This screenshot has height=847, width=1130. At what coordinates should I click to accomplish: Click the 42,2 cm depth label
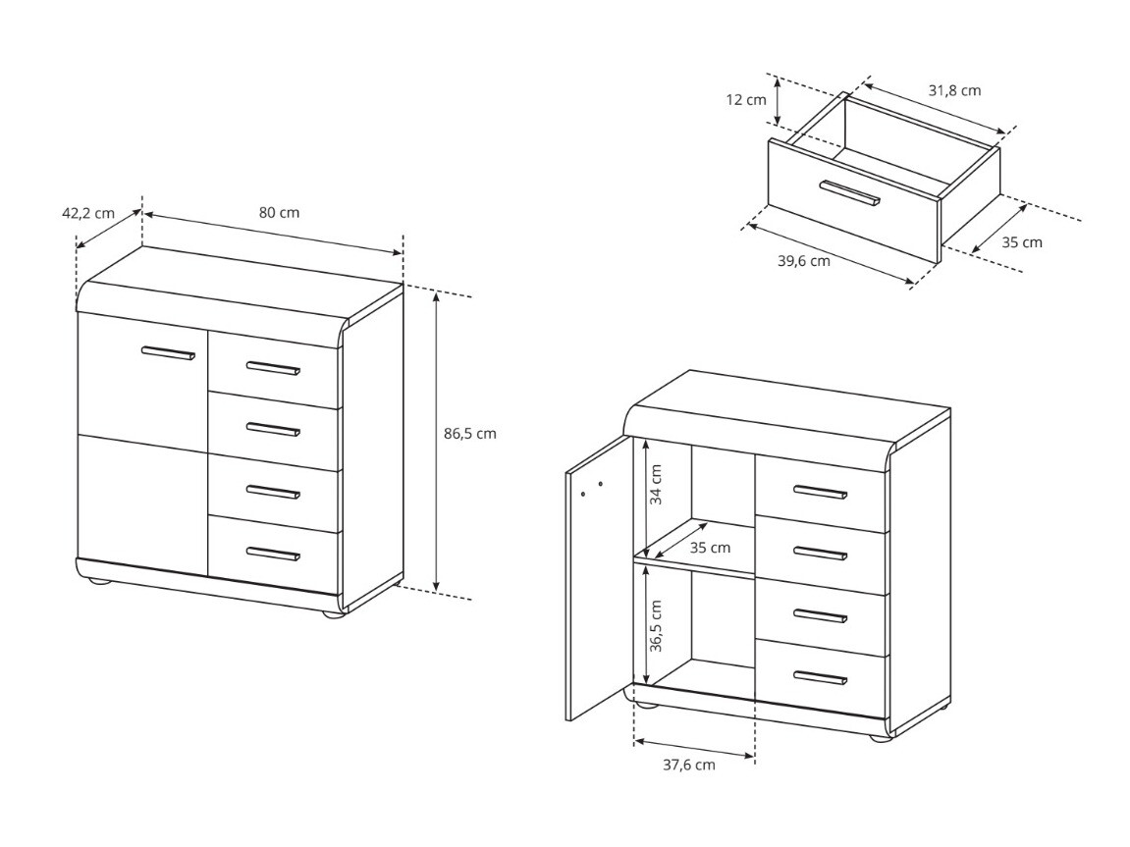coord(87,212)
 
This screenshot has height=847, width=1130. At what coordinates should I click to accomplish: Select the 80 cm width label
coord(280,212)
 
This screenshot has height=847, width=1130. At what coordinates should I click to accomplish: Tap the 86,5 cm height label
coord(469,433)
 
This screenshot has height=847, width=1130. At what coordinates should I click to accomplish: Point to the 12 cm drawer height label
coord(746,99)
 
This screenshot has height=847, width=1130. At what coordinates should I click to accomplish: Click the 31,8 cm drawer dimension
coord(954,90)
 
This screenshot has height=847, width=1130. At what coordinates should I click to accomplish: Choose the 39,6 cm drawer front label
coord(803,261)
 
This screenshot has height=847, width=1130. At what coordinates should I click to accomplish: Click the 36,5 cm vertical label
coord(656,626)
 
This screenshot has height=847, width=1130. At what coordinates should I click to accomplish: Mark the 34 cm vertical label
coord(656,484)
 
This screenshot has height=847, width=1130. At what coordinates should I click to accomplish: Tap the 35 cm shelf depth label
coord(710,547)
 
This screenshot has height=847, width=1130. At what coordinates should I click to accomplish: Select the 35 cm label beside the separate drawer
coord(1022,241)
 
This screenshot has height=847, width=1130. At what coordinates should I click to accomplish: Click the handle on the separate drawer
coord(849,193)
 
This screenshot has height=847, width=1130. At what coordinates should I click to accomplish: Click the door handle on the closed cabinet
coord(168,353)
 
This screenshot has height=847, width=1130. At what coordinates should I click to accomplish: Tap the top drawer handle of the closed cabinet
coord(273,369)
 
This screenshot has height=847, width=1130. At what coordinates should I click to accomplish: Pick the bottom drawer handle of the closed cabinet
coord(273,554)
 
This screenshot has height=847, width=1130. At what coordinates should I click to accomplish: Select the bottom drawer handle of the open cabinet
coord(820,677)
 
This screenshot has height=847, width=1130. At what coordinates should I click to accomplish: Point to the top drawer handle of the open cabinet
coord(820,492)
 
